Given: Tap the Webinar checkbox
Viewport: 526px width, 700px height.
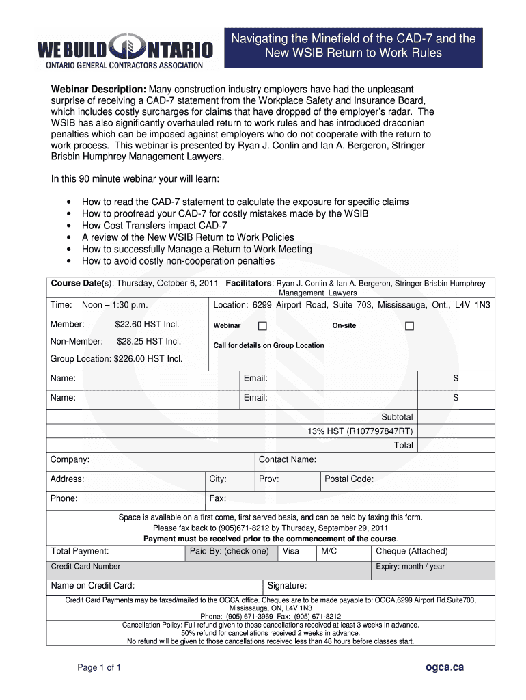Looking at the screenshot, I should (x=262, y=326).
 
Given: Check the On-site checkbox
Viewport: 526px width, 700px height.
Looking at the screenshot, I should (x=409, y=326).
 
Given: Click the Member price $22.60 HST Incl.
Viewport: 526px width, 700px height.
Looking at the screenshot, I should (x=146, y=324).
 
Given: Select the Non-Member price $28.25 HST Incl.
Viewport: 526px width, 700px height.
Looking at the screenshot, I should (x=148, y=341).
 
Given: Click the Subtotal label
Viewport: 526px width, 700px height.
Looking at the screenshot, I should (x=397, y=417).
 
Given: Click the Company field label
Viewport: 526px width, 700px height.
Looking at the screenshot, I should (x=70, y=460).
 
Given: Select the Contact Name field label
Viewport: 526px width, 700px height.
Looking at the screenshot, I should (x=287, y=460).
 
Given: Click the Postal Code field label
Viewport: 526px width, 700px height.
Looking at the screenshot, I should (x=348, y=479).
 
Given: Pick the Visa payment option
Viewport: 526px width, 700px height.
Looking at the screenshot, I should (x=290, y=551).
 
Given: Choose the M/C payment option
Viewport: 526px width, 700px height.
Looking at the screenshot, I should (x=329, y=551).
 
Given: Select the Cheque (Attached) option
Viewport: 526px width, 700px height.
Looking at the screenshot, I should (x=411, y=551).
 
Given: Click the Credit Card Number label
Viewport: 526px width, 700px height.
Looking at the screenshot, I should (x=85, y=567).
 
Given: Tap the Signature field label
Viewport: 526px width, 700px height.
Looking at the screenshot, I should (x=286, y=586).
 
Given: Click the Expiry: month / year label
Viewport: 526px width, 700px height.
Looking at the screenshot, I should (x=410, y=567).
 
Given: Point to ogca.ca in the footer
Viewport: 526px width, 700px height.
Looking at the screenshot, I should (x=444, y=667).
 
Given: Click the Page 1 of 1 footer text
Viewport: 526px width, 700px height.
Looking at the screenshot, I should (x=99, y=667).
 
